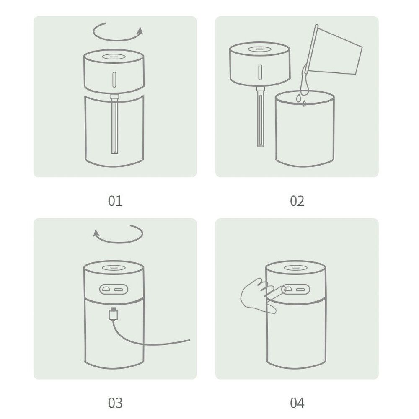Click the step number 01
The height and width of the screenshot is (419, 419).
pyautogui.click(x=115, y=201)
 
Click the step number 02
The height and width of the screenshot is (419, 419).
pyautogui.click(x=297, y=201)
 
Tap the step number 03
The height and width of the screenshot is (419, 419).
pyautogui.click(x=115, y=403)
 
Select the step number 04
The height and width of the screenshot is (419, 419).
pyautogui.click(x=297, y=403)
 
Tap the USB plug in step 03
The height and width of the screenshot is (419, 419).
pyautogui.click(x=113, y=314)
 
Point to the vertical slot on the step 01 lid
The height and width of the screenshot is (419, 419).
pyautogui.click(x=114, y=79)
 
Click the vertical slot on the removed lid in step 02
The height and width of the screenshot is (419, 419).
pyautogui.click(x=260, y=72)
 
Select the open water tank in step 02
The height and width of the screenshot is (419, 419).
pyautogui.click(x=305, y=129)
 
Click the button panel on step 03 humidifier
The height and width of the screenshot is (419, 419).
pyautogui.click(x=114, y=290)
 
